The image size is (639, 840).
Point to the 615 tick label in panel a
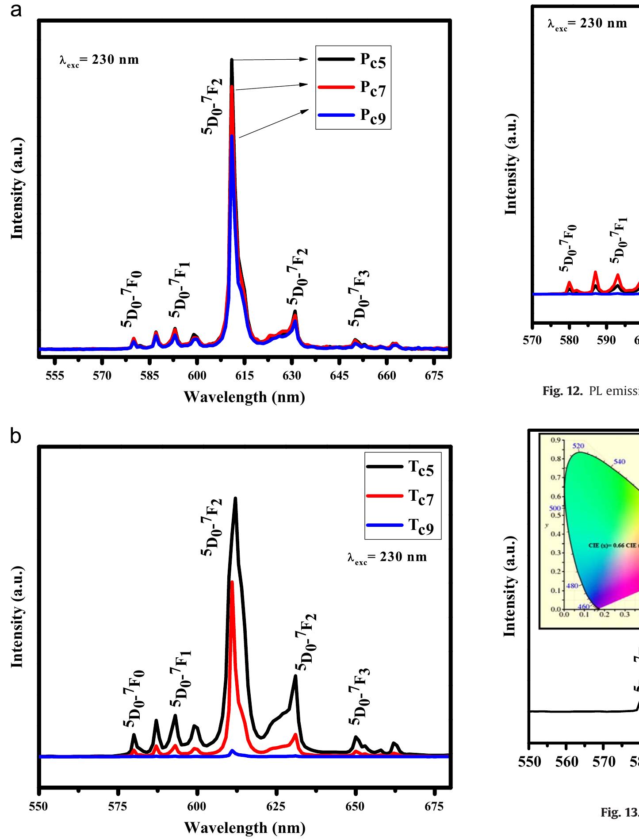[x=245, y=376]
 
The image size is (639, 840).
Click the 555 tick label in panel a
[x=55, y=376]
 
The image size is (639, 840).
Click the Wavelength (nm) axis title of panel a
[x=244, y=397]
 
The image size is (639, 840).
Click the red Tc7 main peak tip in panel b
[x=232, y=582]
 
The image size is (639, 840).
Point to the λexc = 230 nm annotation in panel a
[x=99, y=60]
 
